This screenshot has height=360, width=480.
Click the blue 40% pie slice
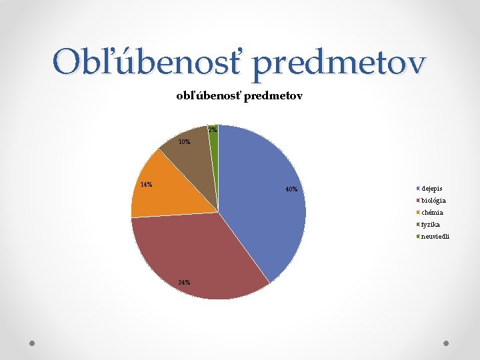[267, 200]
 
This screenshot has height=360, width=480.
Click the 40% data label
[291, 189]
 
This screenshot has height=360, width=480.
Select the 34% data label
[184, 283]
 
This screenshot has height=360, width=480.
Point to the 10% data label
[184, 142]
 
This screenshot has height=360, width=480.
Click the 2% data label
[213, 129]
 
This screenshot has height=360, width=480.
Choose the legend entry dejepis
[431, 189]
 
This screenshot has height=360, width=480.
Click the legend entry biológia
[433, 201]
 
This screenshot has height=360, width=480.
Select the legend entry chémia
[432, 213]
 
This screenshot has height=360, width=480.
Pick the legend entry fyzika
[430, 225]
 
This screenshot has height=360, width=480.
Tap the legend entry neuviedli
[435, 237]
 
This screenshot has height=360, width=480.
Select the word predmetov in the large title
[339, 63]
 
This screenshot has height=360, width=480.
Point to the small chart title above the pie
[239, 96]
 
